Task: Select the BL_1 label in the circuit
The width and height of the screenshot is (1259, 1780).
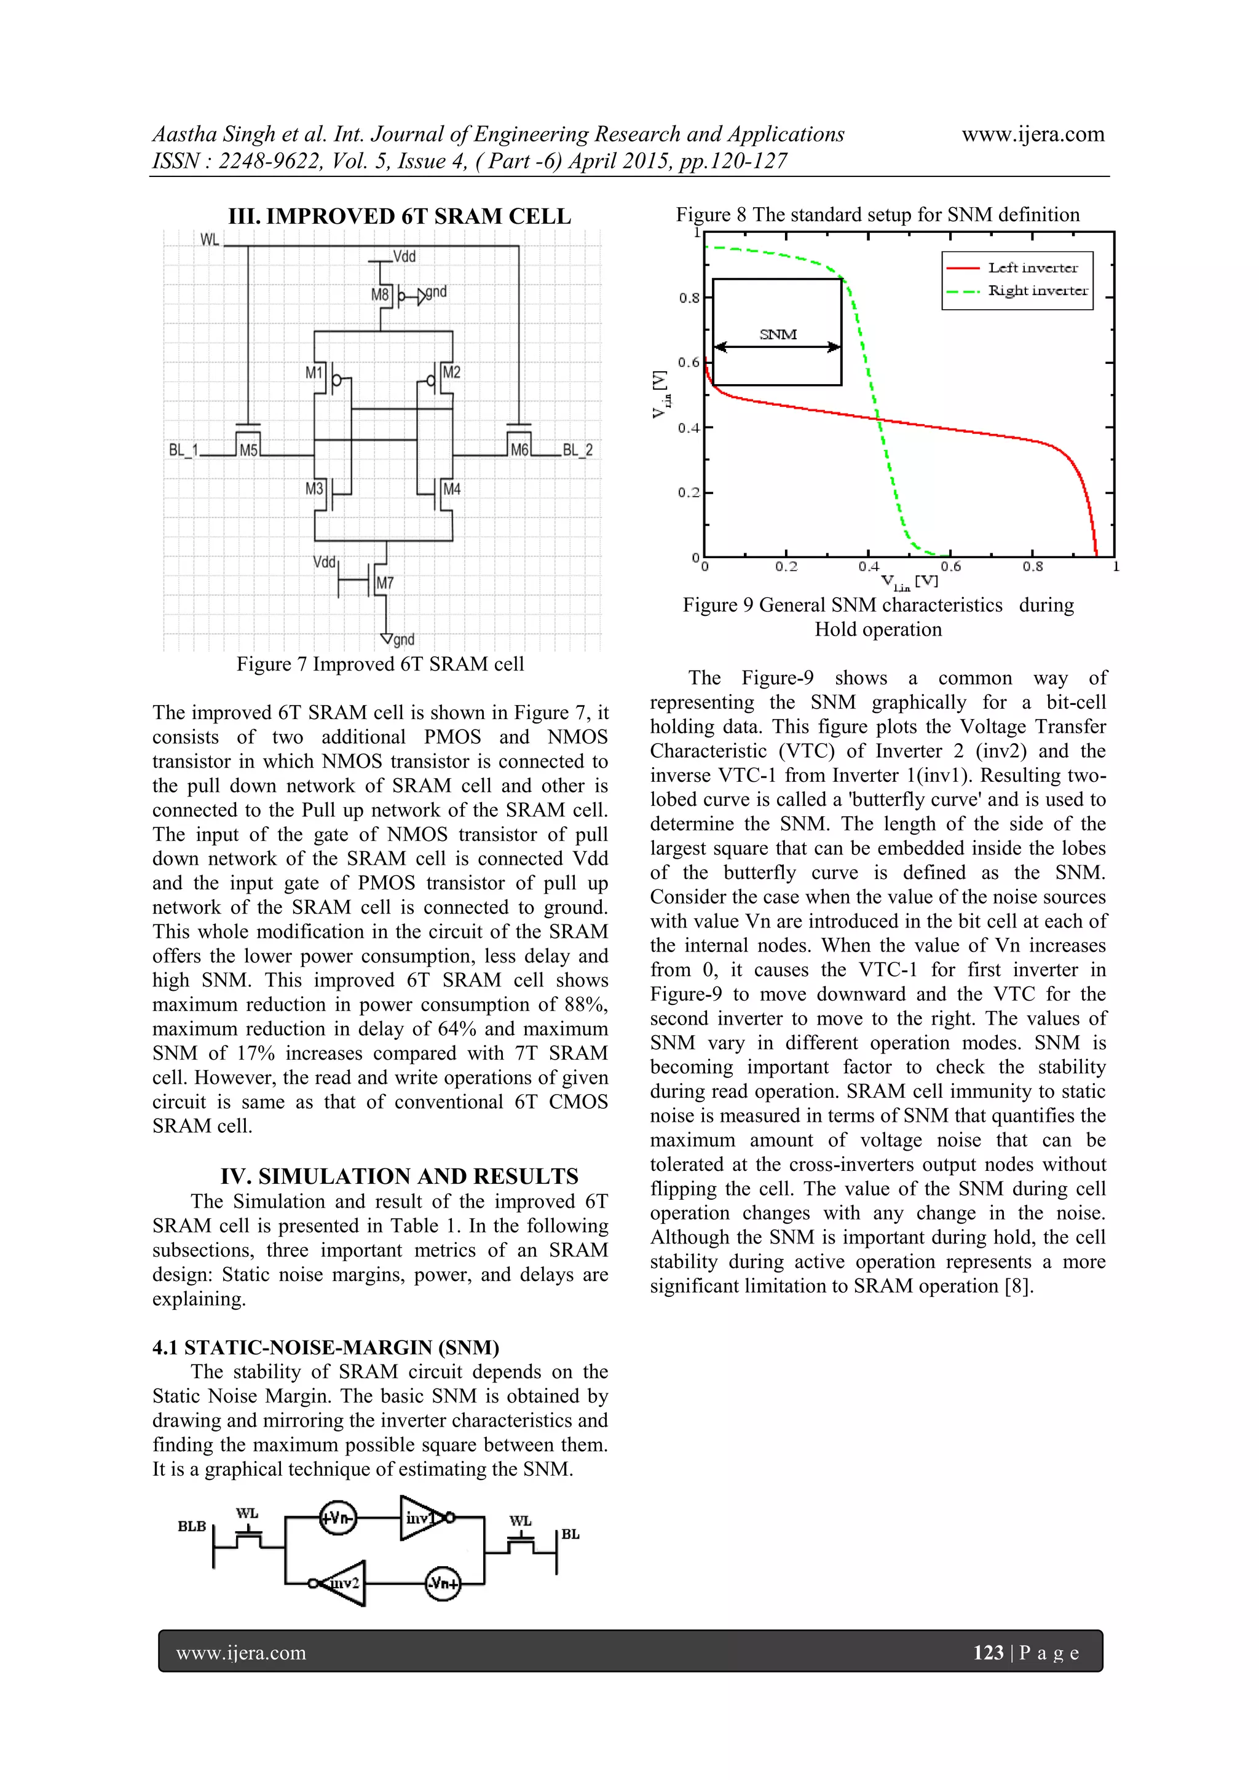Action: coord(184,450)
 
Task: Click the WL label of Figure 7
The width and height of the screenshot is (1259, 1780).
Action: coord(209,240)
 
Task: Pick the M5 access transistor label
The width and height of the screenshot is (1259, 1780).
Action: coord(248,451)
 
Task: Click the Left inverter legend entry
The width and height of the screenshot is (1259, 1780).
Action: coord(1032,268)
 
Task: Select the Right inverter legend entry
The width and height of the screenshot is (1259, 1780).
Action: coord(1037,291)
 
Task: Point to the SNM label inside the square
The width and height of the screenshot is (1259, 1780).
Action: coord(778,335)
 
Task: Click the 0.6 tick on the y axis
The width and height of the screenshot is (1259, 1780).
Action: coord(689,363)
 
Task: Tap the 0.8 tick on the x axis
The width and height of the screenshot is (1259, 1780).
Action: coord(1032,567)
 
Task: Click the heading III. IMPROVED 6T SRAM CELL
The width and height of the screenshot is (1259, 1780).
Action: coord(399,216)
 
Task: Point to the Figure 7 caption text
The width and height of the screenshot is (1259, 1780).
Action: coord(380,664)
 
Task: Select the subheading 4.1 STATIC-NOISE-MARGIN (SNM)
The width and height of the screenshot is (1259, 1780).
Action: coord(326,1347)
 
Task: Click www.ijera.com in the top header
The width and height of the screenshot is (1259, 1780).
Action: coord(1033,134)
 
